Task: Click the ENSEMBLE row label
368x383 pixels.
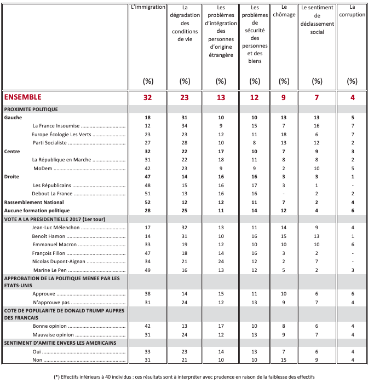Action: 23,97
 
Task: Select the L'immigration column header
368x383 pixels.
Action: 147,7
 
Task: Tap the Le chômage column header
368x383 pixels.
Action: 284,7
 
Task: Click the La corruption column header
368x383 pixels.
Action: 352,11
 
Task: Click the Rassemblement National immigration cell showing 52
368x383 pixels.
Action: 147,202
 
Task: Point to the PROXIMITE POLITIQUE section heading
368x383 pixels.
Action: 31,109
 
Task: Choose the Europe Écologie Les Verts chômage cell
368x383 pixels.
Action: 284,134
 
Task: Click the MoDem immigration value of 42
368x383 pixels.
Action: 147,169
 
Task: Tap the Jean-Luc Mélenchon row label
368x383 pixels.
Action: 55,227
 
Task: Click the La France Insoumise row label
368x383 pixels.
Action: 55,126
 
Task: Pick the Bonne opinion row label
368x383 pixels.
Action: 48,326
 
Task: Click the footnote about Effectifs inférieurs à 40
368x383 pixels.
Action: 184,376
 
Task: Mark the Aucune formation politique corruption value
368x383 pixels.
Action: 352,211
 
